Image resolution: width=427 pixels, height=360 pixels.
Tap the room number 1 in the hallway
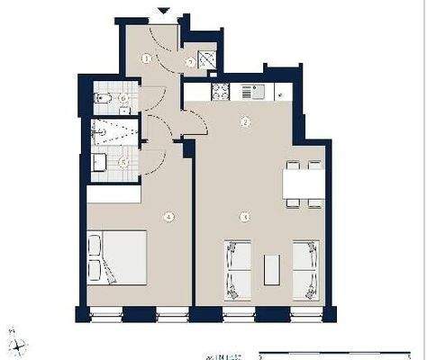point(146,58)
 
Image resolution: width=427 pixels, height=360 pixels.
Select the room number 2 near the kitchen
point(244,121)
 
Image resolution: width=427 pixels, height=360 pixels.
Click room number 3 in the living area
point(244,216)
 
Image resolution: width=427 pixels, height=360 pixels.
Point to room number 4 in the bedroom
point(168,216)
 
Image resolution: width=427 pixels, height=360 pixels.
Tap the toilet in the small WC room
point(103,96)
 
